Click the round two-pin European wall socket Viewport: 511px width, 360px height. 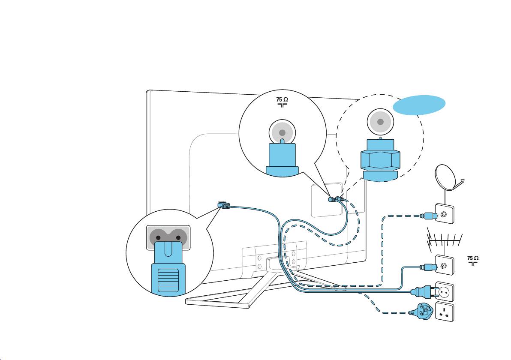coord(445,291)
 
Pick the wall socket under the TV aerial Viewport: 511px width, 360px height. coord(444,266)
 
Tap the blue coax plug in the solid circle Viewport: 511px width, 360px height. coord(282,158)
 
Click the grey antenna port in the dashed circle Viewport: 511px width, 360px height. coord(380,121)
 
